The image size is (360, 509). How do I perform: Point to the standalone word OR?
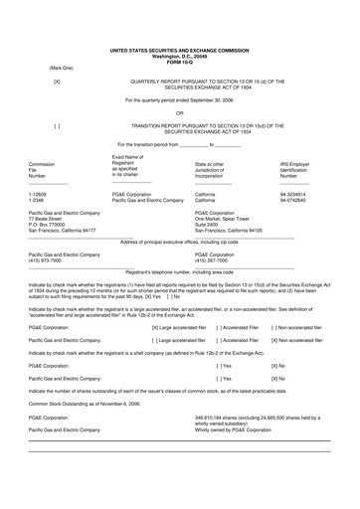(x=179, y=112)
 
